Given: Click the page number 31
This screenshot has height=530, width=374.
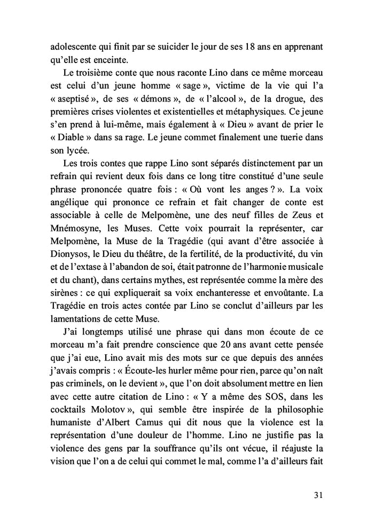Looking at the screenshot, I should (318, 496).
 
